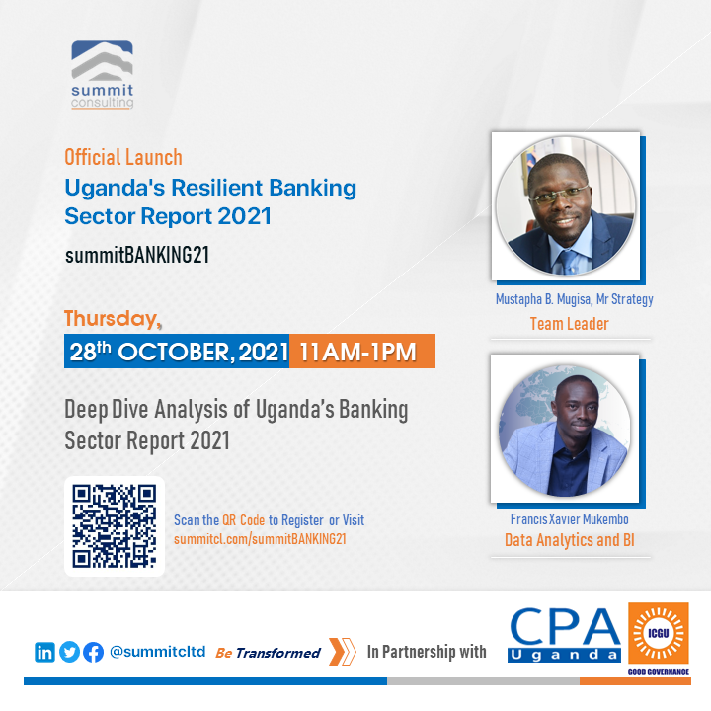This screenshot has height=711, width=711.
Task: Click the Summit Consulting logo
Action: tap(103, 74)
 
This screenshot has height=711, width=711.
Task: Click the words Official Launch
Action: tap(123, 157)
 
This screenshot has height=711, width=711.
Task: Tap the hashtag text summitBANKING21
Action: tap(137, 256)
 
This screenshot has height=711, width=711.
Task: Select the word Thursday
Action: tap(110, 319)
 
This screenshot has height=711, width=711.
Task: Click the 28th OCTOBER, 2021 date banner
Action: tap(178, 352)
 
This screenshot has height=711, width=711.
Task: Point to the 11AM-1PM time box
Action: tap(361, 352)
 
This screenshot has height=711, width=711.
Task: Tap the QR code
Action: tap(115, 526)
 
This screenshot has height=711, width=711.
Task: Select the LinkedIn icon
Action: tap(45, 652)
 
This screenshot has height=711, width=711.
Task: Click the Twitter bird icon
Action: tap(69, 652)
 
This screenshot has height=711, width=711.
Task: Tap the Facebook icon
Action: tap(94, 652)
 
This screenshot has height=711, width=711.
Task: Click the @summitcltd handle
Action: tap(157, 652)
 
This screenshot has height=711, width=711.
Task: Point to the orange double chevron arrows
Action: tap(342, 652)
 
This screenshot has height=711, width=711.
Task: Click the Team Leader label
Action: tap(569, 324)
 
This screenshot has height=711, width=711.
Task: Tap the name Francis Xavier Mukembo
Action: tap(569, 519)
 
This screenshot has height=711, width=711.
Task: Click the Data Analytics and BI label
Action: tap(569, 540)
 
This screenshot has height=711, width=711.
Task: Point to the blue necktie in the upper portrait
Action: tap(567, 262)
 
